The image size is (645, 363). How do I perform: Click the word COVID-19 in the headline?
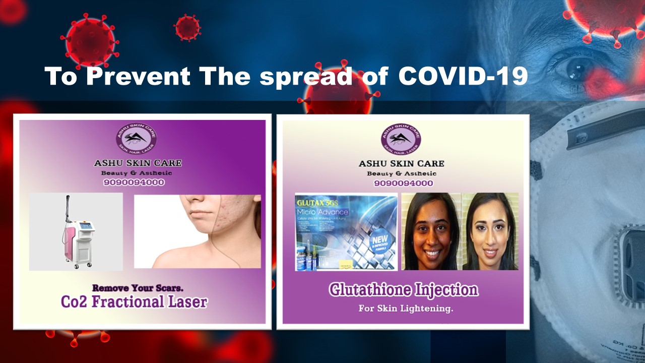point(463,76)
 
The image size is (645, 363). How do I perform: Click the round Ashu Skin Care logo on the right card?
point(401,139)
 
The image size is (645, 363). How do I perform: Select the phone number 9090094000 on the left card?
point(134,183)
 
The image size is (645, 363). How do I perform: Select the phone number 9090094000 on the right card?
point(403,183)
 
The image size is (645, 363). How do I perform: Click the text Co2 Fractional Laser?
point(134,301)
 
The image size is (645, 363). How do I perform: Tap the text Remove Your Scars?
point(138,288)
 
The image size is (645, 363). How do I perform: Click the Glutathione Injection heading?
point(403,290)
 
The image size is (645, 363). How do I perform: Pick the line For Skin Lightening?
point(406,308)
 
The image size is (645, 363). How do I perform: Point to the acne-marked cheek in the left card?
point(224,222)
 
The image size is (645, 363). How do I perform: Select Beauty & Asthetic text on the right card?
point(402,173)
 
